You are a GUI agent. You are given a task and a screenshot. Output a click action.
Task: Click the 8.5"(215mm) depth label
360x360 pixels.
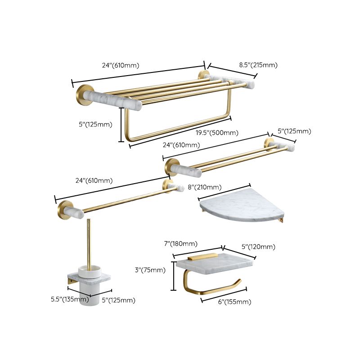[x=258, y=65]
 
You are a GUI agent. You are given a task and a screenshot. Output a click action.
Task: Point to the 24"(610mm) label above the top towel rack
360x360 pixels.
[x=121, y=65]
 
